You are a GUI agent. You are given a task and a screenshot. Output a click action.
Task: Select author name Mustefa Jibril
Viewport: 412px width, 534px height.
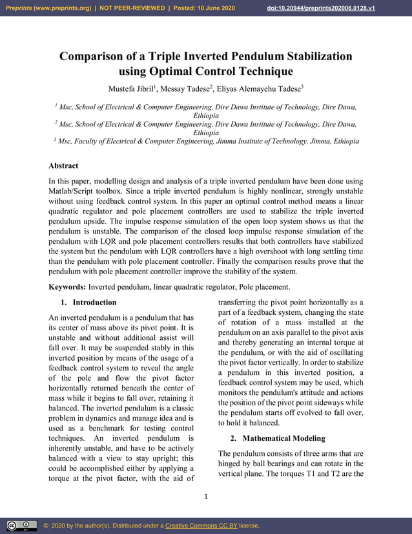tap(129, 87)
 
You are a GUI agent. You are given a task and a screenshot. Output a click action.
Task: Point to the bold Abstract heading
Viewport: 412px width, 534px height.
tap(63, 166)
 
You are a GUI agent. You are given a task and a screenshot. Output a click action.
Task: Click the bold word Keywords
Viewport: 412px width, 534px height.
tap(67, 287)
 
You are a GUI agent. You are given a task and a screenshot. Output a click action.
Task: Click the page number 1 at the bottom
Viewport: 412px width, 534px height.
tap(205, 497)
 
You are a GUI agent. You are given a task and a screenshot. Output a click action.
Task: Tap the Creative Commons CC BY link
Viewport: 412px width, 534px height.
tap(201, 526)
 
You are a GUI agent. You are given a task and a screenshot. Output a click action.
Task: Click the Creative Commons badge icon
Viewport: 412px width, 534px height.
tap(21, 526)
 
